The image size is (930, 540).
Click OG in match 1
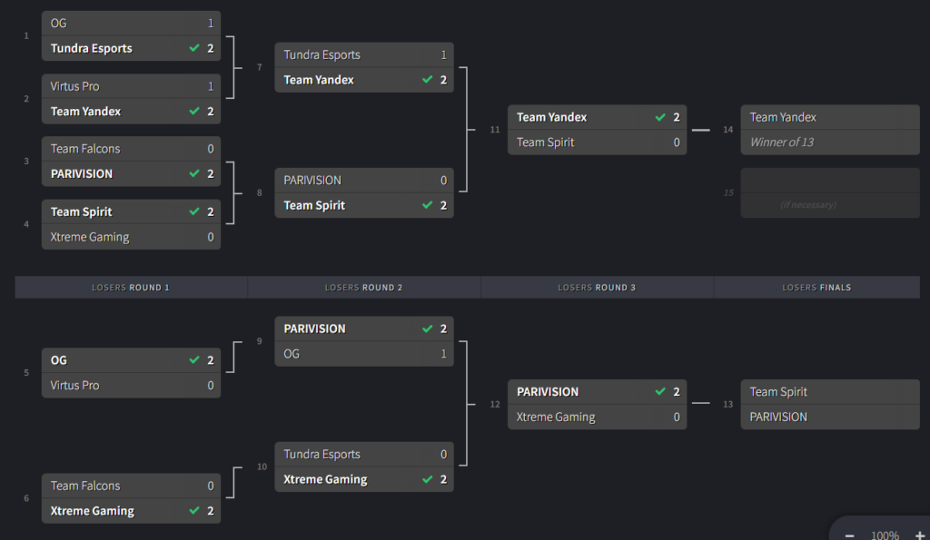[x=59, y=24]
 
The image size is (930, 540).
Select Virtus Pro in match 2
[x=75, y=86]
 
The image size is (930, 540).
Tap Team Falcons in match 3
[x=85, y=149]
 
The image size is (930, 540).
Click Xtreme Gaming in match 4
[x=90, y=237]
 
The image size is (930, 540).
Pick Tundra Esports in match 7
[x=322, y=54]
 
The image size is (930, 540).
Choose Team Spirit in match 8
[x=314, y=205]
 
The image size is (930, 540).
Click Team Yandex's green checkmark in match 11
[x=660, y=117]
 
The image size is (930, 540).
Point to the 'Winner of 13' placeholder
[x=782, y=142]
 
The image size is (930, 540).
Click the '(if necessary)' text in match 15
[x=807, y=205]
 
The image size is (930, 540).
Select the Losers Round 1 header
[x=131, y=288]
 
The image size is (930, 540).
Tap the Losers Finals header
[x=816, y=288]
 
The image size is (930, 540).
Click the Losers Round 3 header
[x=597, y=288]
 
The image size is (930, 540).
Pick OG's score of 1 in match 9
[x=443, y=354]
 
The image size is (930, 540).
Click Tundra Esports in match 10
[x=322, y=455]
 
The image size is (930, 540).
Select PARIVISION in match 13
[x=778, y=417]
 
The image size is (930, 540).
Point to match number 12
[x=495, y=405]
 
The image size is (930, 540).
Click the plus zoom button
[x=919, y=535]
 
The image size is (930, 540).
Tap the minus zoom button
[x=849, y=535]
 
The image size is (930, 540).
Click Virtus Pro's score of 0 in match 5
[x=211, y=386]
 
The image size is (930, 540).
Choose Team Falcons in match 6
[x=85, y=486]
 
